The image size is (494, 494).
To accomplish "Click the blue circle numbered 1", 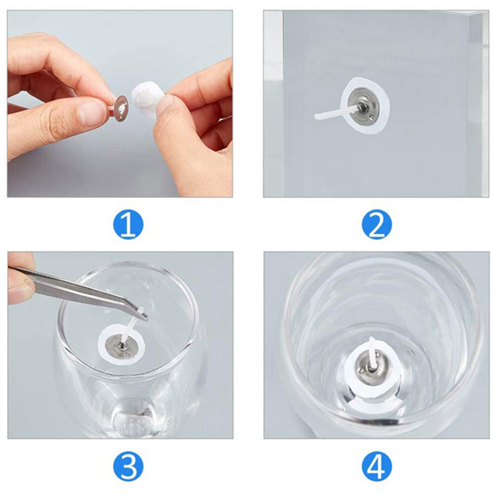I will click(x=128, y=225).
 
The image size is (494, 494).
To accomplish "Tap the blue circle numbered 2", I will click(x=377, y=225).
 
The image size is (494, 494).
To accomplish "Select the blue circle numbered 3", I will click(x=128, y=467).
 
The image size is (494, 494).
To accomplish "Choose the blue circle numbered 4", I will click(x=377, y=467).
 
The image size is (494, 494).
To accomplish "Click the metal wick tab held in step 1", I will click(x=118, y=106).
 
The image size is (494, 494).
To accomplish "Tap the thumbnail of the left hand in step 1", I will click(x=87, y=111).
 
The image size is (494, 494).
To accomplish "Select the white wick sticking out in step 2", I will click(x=328, y=114).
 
